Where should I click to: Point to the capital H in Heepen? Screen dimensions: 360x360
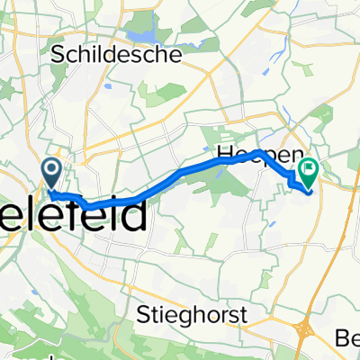tap(223, 155)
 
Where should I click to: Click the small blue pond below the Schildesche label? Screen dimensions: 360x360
tap(108, 86)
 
